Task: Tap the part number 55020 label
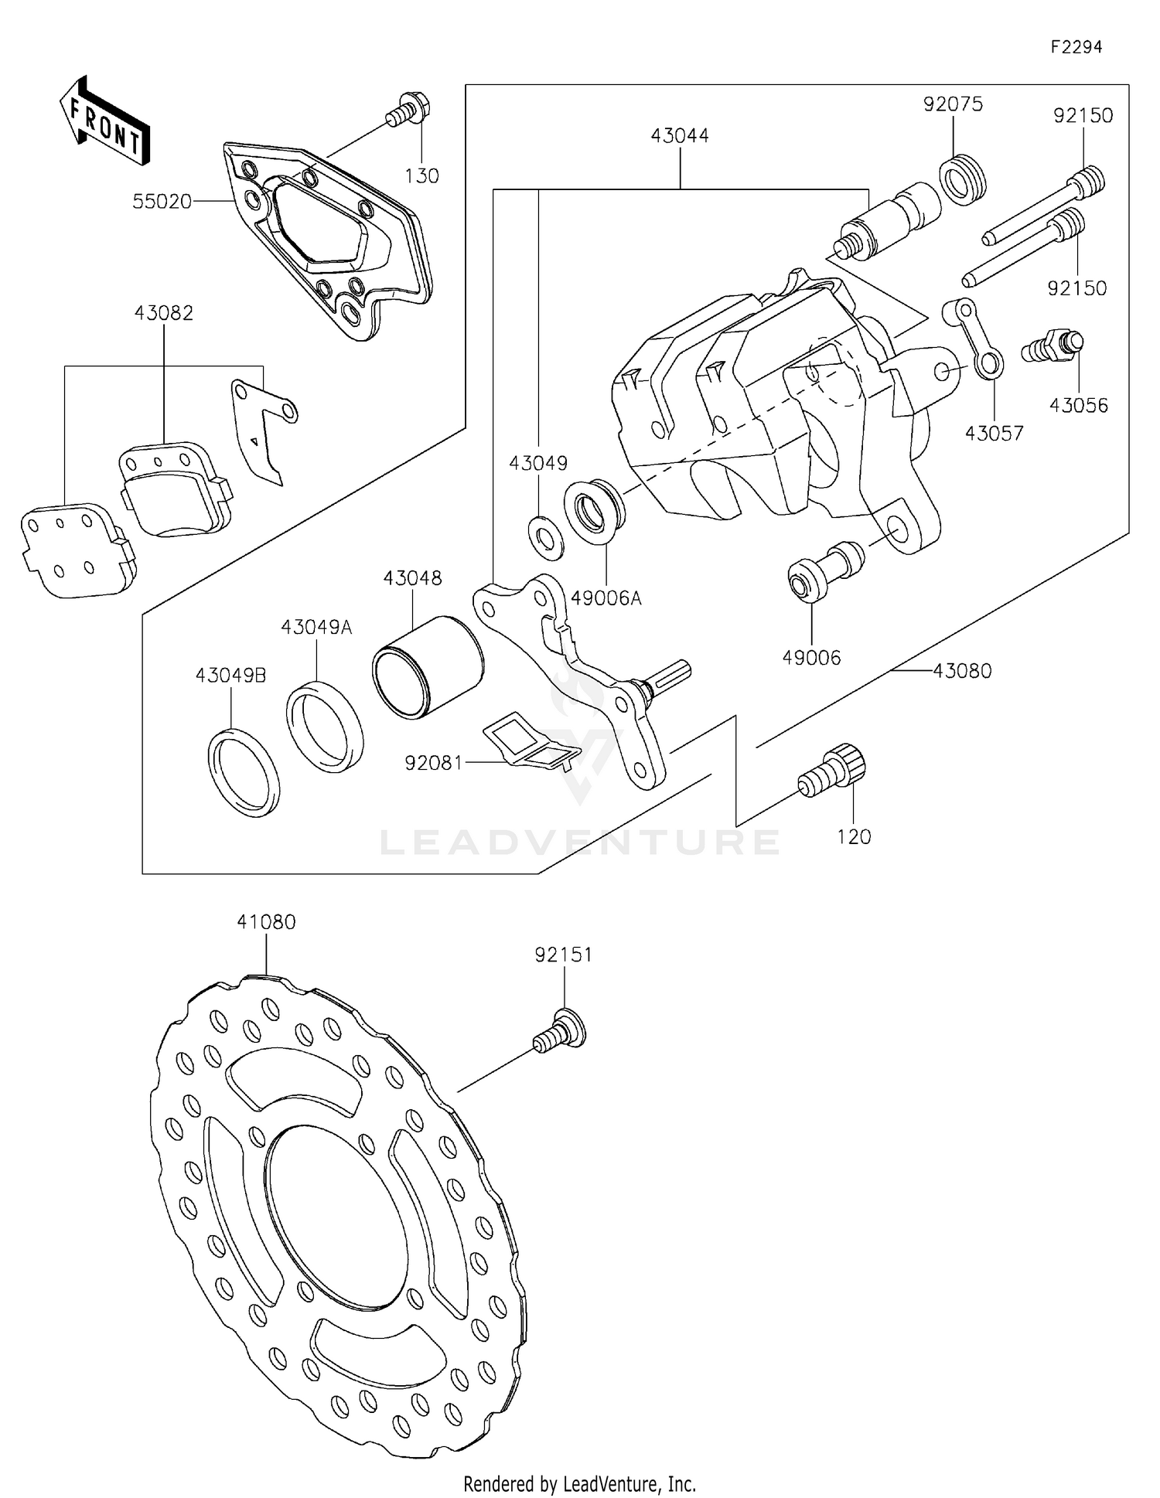click(x=162, y=202)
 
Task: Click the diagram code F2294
click(x=1076, y=47)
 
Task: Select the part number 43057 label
click(x=994, y=433)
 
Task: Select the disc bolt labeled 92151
click(x=561, y=1030)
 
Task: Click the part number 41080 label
click(x=266, y=921)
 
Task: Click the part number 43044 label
click(x=679, y=135)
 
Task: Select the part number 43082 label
click(x=163, y=313)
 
